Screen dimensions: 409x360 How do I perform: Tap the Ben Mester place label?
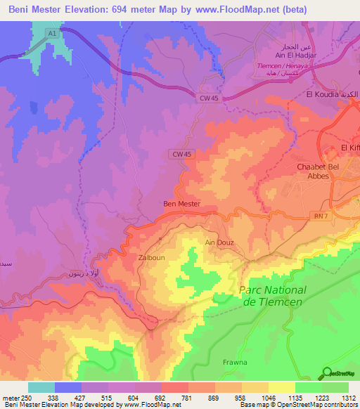pos(181,204)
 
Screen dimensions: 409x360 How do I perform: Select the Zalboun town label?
pos(151,258)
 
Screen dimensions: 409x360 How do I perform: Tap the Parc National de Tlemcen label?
pos(273,295)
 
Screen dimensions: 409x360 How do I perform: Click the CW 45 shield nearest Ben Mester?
pos(181,154)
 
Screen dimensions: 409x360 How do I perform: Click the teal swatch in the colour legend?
pos(41,387)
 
